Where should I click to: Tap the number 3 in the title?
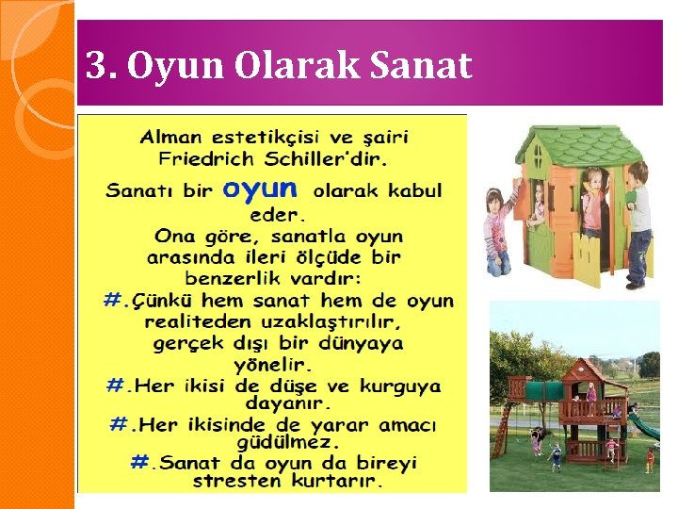pos(94,65)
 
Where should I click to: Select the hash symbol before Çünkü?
pos(115,301)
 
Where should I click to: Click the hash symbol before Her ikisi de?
pos(116,386)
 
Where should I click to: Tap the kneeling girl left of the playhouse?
pos(497,231)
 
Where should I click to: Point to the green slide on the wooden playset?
pos(643,424)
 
